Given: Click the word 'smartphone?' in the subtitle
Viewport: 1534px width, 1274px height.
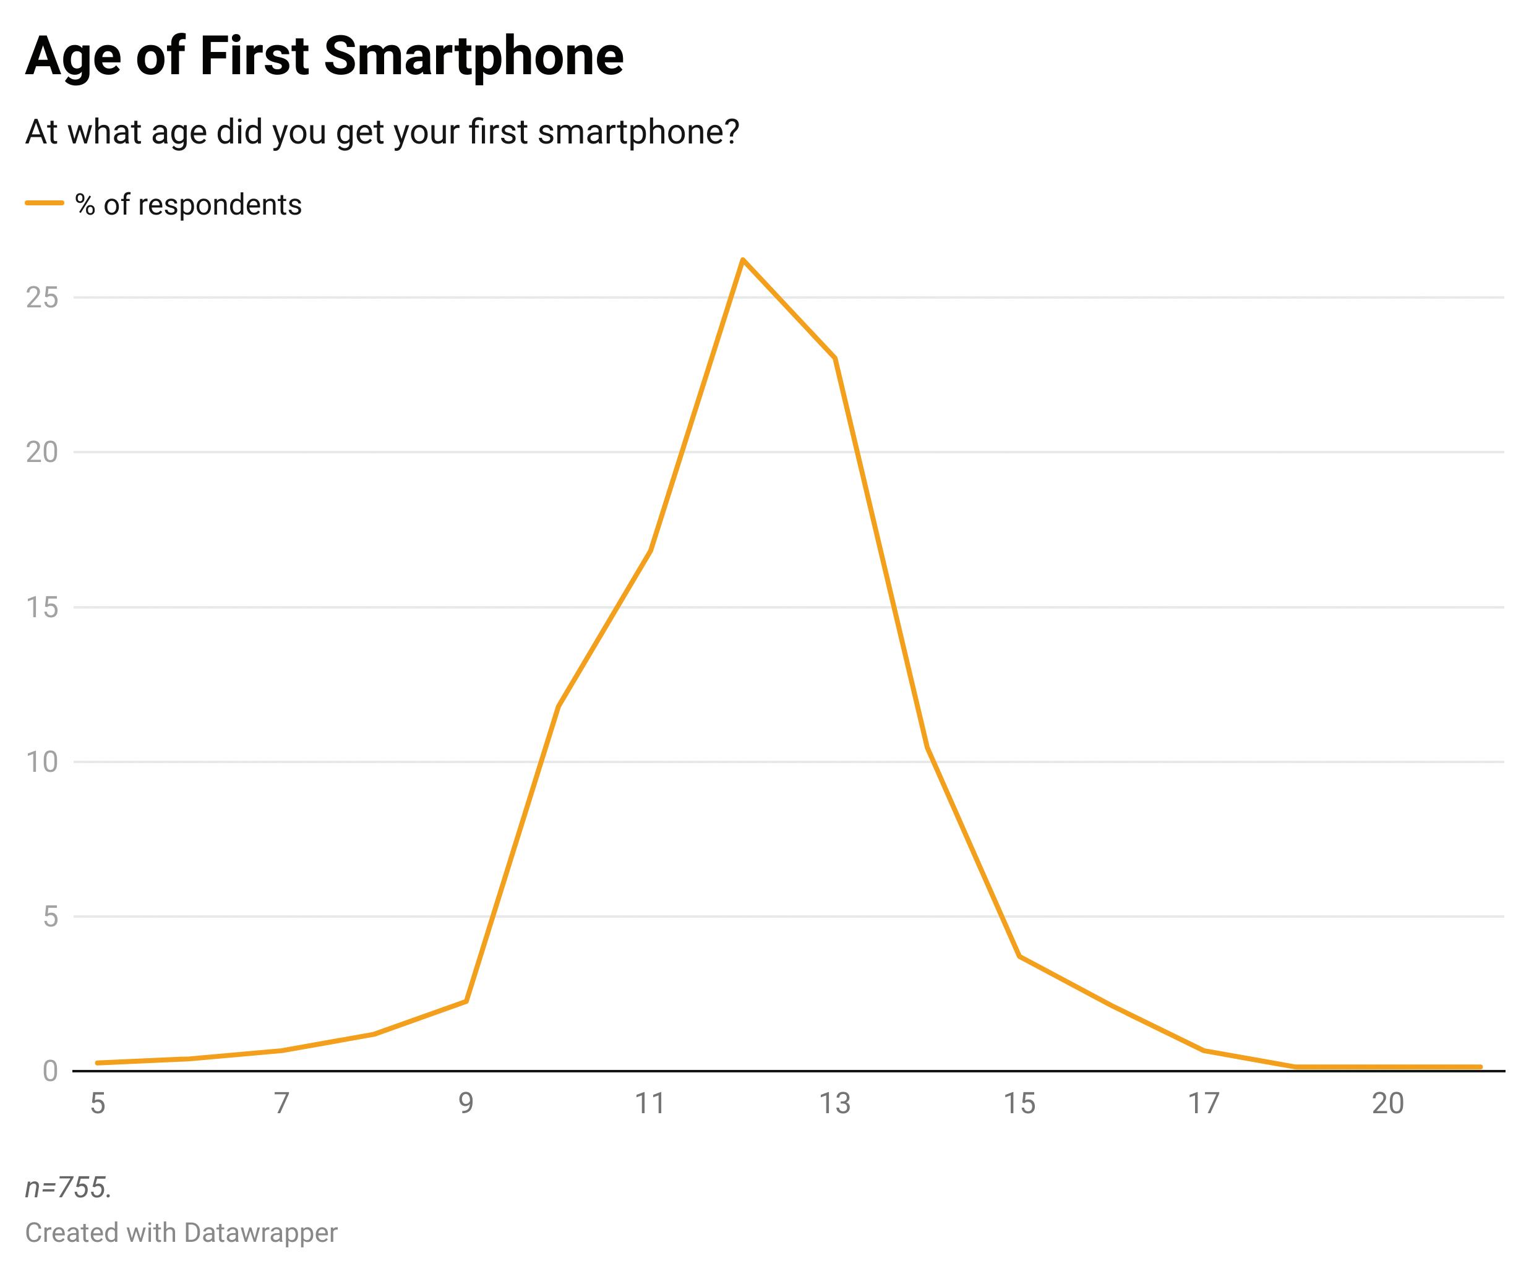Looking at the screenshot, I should (638, 132).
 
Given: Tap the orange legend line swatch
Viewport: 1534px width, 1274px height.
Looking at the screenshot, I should (45, 204).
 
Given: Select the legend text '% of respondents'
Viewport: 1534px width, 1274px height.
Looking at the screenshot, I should (189, 205).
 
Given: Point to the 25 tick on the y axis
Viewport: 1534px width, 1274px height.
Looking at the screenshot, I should (41, 298).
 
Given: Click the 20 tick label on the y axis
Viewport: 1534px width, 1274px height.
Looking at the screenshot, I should (41, 453).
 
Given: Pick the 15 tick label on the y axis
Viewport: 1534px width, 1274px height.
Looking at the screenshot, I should (41, 608).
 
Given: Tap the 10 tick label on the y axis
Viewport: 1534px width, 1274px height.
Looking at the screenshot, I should (41, 763).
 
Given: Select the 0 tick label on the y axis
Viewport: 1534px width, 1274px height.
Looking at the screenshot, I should (49, 1072).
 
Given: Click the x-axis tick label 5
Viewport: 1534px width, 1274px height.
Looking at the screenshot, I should (98, 1104).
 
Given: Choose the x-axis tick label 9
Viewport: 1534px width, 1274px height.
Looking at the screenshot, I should (466, 1104).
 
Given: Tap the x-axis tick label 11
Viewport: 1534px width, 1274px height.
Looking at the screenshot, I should (650, 1104).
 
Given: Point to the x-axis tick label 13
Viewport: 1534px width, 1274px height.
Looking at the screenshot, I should (835, 1104).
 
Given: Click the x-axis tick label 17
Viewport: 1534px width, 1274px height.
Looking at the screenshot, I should (1204, 1104).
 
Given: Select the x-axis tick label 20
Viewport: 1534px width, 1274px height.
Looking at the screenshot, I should (1388, 1104).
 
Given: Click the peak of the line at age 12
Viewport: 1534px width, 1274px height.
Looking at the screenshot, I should (742, 260).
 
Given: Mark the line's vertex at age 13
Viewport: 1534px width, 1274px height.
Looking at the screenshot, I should (835, 358).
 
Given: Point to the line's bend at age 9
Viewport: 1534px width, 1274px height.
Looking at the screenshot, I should (466, 1001).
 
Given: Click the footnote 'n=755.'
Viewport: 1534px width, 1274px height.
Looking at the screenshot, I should (69, 1189).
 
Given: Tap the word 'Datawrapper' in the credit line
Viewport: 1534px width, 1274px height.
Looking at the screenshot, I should (261, 1233).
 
